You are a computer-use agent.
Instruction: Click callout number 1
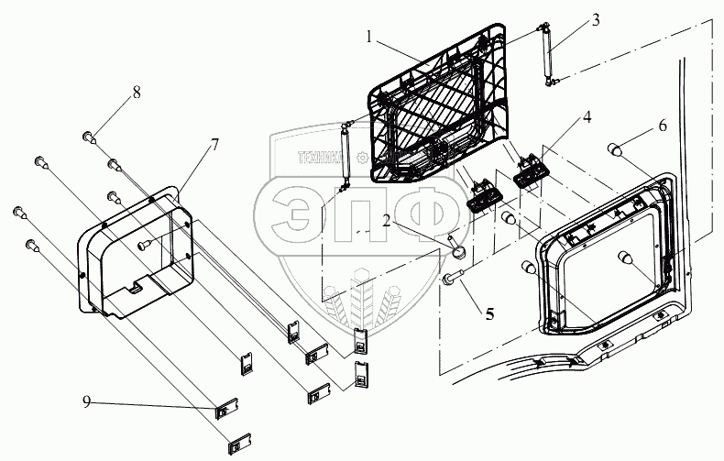[x=369, y=37]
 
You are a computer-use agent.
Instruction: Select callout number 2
[x=386, y=220]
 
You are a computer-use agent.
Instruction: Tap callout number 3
[x=596, y=20]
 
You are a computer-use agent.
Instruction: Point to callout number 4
[x=587, y=117]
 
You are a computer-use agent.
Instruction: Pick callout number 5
[x=489, y=314]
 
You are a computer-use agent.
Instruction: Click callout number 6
[x=663, y=126]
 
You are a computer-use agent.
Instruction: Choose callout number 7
[x=214, y=145]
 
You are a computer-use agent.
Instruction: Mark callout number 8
[x=137, y=92]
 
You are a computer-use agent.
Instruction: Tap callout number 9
[x=86, y=401]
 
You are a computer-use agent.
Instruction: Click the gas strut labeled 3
[x=547, y=54]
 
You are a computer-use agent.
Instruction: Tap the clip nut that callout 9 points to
[x=227, y=409]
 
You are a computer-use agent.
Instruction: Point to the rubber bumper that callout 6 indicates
[x=614, y=149]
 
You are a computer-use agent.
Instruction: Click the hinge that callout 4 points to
[x=531, y=171]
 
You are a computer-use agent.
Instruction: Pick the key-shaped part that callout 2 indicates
[x=456, y=247]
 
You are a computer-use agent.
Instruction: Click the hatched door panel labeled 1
[x=438, y=103]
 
